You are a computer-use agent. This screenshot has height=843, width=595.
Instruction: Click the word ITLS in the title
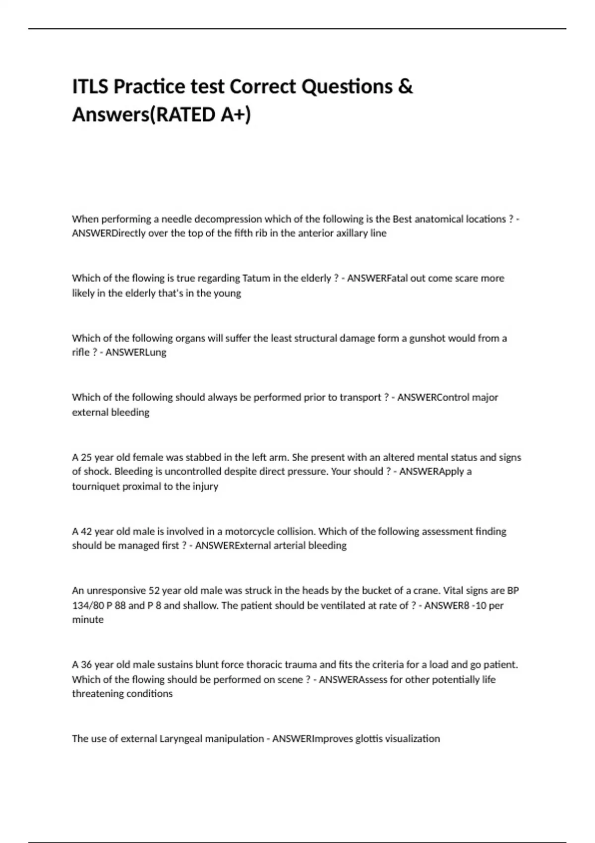pyautogui.click(x=90, y=87)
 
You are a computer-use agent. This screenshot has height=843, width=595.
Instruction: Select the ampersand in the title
pyautogui.click(x=405, y=87)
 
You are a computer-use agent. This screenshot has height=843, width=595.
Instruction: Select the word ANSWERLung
pyautogui.click(x=136, y=352)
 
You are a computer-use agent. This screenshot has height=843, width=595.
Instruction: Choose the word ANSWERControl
pyautogui.click(x=433, y=397)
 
